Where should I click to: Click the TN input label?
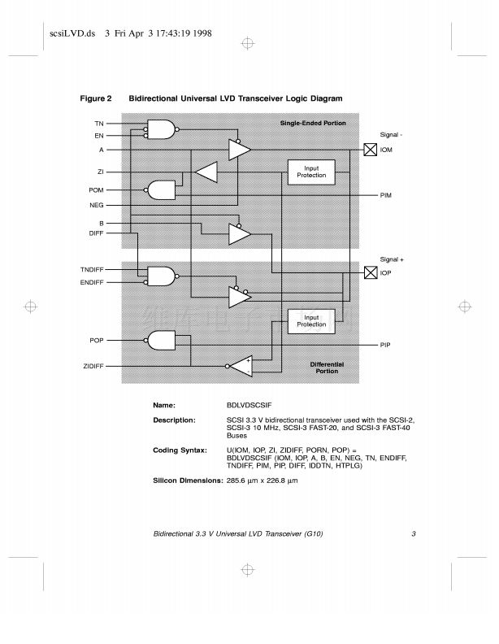pos(98,123)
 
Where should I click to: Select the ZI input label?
pos(100,172)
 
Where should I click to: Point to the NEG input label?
pos(97,205)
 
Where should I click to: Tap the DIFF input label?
pos(96,233)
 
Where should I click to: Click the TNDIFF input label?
pos(92,269)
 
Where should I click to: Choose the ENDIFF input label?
pos(91,282)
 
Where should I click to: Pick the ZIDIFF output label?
pos(93,368)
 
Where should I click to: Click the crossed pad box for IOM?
pos(370,150)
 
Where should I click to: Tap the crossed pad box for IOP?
pos(370,272)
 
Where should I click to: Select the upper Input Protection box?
pos(311,172)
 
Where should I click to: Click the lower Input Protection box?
pos(311,320)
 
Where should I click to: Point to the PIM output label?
pos(386,196)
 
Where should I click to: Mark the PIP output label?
pos(385,346)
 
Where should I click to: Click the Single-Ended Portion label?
pos(313,123)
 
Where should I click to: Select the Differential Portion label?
pos(328,367)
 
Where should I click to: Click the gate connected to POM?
pos(161,190)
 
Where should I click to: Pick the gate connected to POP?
pos(161,339)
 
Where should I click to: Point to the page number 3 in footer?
pos(414,534)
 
